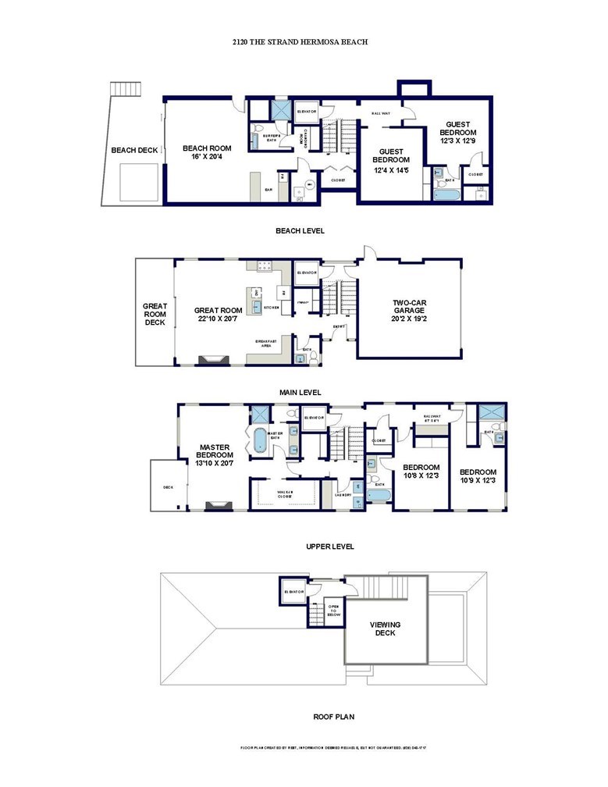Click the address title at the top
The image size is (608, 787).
click(300, 42)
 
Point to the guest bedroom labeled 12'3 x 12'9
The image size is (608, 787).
click(457, 133)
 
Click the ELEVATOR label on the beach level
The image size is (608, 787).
click(308, 112)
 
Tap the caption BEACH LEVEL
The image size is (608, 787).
click(300, 231)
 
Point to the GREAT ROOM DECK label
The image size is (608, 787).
click(155, 314)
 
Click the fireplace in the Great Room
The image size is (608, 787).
click(212, 359)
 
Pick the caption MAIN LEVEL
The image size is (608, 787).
click(300, 392)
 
